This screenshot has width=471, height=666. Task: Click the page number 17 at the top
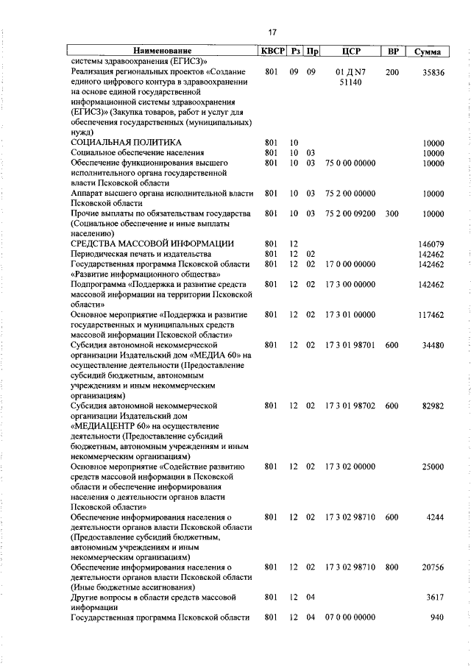272,32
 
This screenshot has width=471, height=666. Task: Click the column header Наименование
162,52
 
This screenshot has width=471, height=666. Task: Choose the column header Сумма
428,52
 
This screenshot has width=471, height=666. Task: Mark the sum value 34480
432,345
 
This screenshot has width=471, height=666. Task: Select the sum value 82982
432,405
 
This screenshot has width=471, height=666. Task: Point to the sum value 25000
432,467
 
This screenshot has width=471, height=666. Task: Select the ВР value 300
392,213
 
